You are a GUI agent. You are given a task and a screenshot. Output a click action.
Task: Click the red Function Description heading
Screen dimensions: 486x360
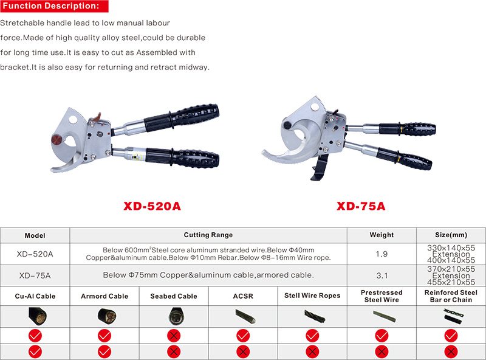click(x=54, y=6)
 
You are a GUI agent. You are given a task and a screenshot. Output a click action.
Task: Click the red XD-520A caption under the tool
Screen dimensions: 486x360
click(x=152, y=206)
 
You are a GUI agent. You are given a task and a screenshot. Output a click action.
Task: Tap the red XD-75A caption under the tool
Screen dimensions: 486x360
click(x=361, y=206)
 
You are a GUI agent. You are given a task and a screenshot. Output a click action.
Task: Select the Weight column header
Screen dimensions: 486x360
click(x=382, y=235)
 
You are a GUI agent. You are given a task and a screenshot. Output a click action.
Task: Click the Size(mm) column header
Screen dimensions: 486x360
click(x=451, y=235)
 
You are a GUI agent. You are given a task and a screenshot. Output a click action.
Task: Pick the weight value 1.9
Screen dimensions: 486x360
click(x=382, y=254)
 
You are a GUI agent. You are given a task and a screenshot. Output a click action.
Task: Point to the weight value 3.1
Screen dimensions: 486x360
click(x=382, y=275)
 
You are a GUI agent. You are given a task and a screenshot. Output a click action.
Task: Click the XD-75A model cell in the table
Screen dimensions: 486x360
click(x=35, y=275)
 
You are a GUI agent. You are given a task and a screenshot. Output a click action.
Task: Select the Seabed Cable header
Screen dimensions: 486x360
click(x=174, y=296)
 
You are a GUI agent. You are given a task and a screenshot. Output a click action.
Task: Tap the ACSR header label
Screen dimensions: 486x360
click(x=243, y=296)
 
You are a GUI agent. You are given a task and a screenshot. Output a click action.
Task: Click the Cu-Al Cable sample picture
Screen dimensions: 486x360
click(x=37, y=317)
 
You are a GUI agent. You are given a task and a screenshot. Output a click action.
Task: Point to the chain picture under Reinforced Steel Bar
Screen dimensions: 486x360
click(x=453, y=316)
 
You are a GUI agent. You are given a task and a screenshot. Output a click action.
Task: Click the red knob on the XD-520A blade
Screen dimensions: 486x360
click(x=57, y=140)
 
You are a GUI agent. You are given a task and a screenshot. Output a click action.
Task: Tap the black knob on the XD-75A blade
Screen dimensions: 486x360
click(x=287, y=125)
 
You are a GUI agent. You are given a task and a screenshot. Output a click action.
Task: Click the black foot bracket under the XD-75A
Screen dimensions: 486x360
click(x=320, y=168)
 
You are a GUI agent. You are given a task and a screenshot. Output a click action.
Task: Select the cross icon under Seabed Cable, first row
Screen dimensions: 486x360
click(x=174, y=336)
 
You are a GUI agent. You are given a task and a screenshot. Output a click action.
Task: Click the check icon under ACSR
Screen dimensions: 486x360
click(x=243, y=336)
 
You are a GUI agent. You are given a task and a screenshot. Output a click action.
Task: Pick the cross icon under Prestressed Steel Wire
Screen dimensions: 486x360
click(x=382, y=352)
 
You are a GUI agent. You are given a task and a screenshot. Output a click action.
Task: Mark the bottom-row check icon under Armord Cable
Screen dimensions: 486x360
click(x=104, y=352)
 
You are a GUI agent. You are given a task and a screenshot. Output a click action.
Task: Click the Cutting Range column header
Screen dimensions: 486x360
click(x=208, y=235)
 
